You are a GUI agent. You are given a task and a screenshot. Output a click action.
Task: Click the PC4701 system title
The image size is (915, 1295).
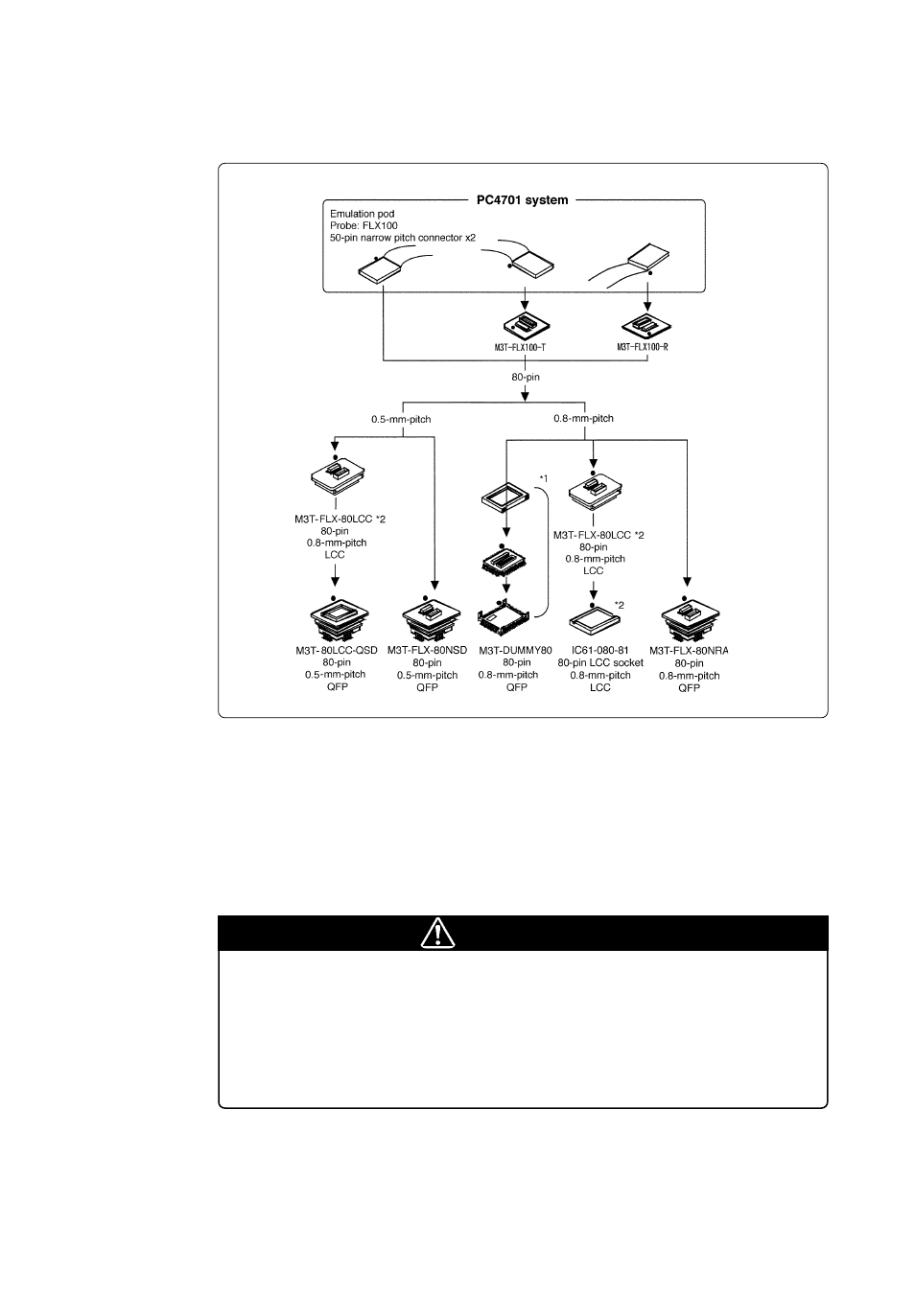[x=523, y=200]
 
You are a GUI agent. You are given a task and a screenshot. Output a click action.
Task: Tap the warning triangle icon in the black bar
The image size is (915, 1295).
[x=437, y=933]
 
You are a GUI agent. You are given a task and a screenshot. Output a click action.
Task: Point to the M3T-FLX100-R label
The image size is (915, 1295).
[x=643, y=347]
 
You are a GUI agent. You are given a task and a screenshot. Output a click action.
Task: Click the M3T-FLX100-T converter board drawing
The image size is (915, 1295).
[x=526, y=326]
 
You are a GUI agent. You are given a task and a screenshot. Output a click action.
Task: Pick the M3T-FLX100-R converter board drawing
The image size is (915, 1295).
[x=646, y=326]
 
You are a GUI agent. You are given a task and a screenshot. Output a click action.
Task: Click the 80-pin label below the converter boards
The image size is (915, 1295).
[x=526, y=377]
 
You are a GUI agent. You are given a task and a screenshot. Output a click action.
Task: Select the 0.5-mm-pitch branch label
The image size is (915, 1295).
[x=401, y=419]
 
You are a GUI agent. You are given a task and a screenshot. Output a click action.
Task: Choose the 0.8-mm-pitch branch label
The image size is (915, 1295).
[x=583, y=418]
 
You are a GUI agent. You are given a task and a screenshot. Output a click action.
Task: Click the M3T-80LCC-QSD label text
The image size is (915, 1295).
[x=337, y=651]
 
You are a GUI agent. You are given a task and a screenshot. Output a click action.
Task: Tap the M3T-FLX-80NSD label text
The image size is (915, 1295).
[x=427, y=651]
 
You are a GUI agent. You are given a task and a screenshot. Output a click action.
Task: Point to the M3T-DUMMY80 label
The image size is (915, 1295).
[x=515, y=651]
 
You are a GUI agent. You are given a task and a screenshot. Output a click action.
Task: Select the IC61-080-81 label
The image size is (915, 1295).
[x=599, y=651]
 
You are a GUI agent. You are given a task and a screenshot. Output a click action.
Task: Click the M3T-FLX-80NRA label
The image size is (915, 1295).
[x=689, y=651]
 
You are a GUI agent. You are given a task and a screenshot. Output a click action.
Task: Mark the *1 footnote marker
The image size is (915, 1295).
[x=543, y=478]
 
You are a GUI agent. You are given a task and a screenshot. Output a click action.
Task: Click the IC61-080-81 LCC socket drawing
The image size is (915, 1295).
[x=595, y=620]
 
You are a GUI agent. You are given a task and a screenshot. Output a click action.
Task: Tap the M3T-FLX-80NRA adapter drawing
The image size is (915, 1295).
[x=690, y=619]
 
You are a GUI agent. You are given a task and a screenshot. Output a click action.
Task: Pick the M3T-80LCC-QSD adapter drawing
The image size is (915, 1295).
[x=339, y=619]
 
